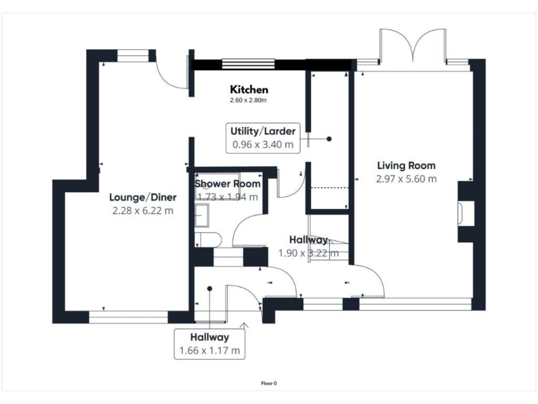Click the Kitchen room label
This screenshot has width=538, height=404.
(x=249, y=90)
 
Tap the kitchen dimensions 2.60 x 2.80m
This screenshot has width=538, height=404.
(x=249, y=101)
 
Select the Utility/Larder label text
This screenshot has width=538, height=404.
(x=263, y=131)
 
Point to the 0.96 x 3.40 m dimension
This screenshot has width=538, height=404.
(x=263, y=144)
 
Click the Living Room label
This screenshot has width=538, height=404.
(x=406, y=166)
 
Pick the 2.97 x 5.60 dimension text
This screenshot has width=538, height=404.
(x=406, y=179)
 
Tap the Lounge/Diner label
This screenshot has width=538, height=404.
(x=142, y=196)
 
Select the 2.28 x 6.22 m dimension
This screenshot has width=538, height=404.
(x=142, y=210)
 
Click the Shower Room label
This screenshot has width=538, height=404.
(x=228, y=184)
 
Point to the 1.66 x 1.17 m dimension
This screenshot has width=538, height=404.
(x=210, y=350)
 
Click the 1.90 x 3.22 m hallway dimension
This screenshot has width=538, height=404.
(x=309, y=253)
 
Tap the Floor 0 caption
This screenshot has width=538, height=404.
(x=269, y=384)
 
